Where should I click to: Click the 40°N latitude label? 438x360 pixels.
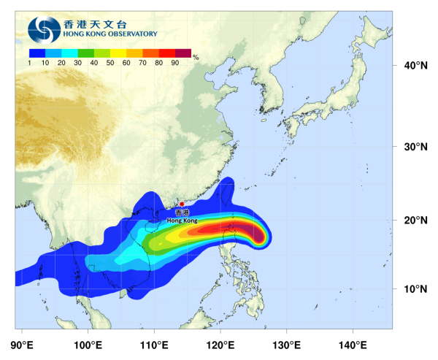pyautogui.click(x=415, y=66)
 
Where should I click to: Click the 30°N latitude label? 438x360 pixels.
pyautogui.click(x=415, y=147)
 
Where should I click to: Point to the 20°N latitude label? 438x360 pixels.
pyautogui.click(x=415, y=221)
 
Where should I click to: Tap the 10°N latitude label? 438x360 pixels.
pyautogui.click(x=415, y=289)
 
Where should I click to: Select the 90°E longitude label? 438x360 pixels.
pyautogui.click(x=23, y=345)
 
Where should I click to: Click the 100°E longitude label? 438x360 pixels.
pyautogui.click(x=88, y=345)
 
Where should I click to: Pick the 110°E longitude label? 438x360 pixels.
pyautogui.click(x=154, y=345)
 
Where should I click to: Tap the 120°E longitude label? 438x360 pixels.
pyautogui.click(x=220, y=345)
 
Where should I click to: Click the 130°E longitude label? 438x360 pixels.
pyautogui.click(x=286, y=345)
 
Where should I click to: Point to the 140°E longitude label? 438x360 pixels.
pyautogui.click(x=353, y=345)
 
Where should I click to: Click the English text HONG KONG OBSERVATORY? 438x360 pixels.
pyautogui.click(x=110, y=34)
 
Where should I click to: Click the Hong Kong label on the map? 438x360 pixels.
pyautogui.click(x=182, y=220)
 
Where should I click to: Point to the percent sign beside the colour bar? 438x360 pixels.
pyautogui.click(x=196, y=55)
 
